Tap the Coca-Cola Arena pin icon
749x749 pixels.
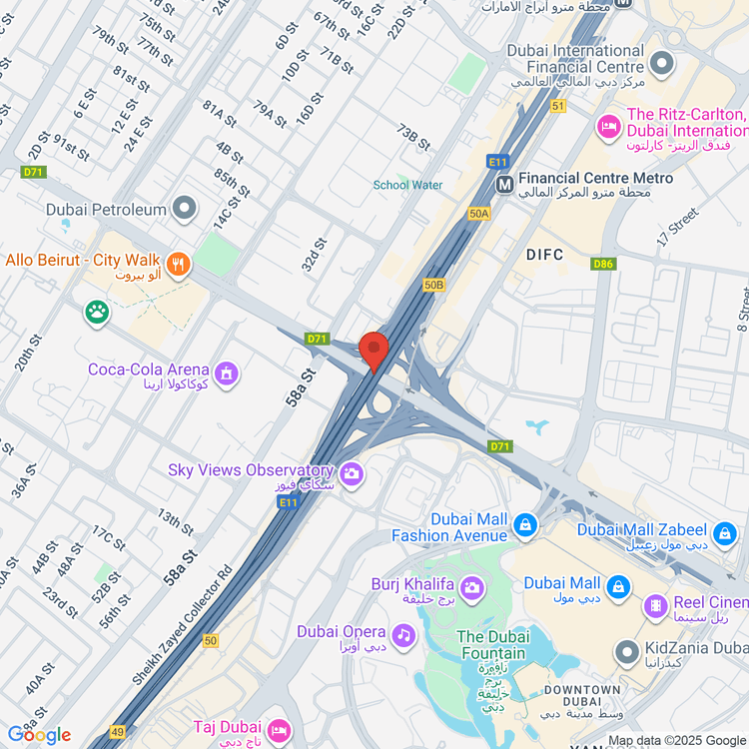pos(227,374)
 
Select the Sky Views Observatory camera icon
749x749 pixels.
pos(351,474)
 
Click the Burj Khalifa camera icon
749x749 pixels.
pos(472,586)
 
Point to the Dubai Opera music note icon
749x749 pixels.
pos(403,634)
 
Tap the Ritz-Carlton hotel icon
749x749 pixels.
pos(606,126)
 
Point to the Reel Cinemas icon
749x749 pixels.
pos(655,604)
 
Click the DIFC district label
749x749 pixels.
pos(545,255)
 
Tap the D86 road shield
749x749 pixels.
pos(602,264)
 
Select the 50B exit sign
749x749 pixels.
pos(433,285)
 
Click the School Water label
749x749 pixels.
pos(407,185)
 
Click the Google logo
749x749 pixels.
pos(40,735)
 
